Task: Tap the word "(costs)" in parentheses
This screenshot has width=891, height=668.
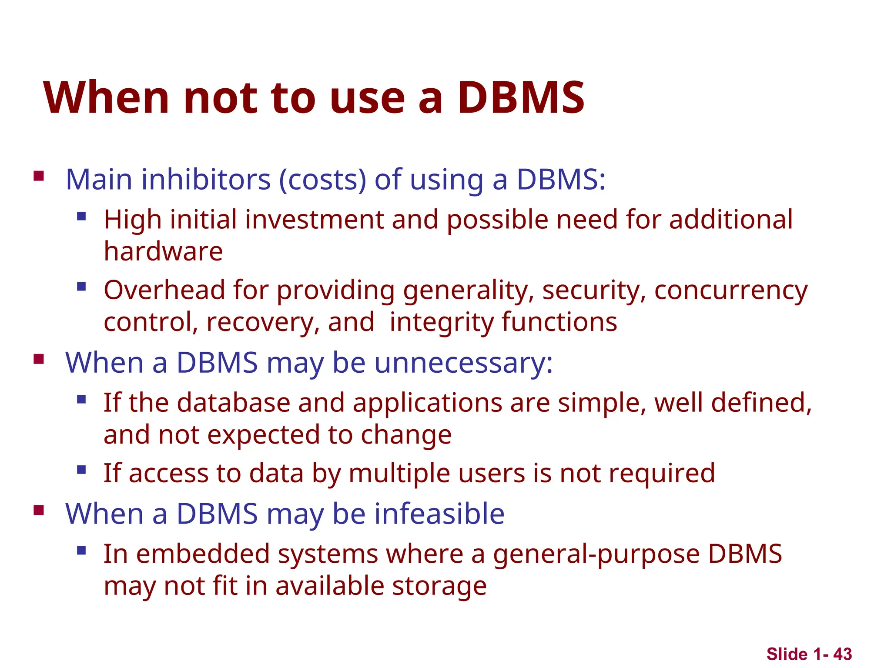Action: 322,180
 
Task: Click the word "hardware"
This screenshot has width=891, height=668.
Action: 163,251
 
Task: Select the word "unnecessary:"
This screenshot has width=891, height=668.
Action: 463,363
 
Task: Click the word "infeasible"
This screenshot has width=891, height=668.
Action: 439,514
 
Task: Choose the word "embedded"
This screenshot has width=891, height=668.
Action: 203,554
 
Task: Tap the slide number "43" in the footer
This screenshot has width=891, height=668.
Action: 843,654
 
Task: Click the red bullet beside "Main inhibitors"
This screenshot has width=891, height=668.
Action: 39,176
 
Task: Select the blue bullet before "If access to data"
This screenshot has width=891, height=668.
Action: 81,470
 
